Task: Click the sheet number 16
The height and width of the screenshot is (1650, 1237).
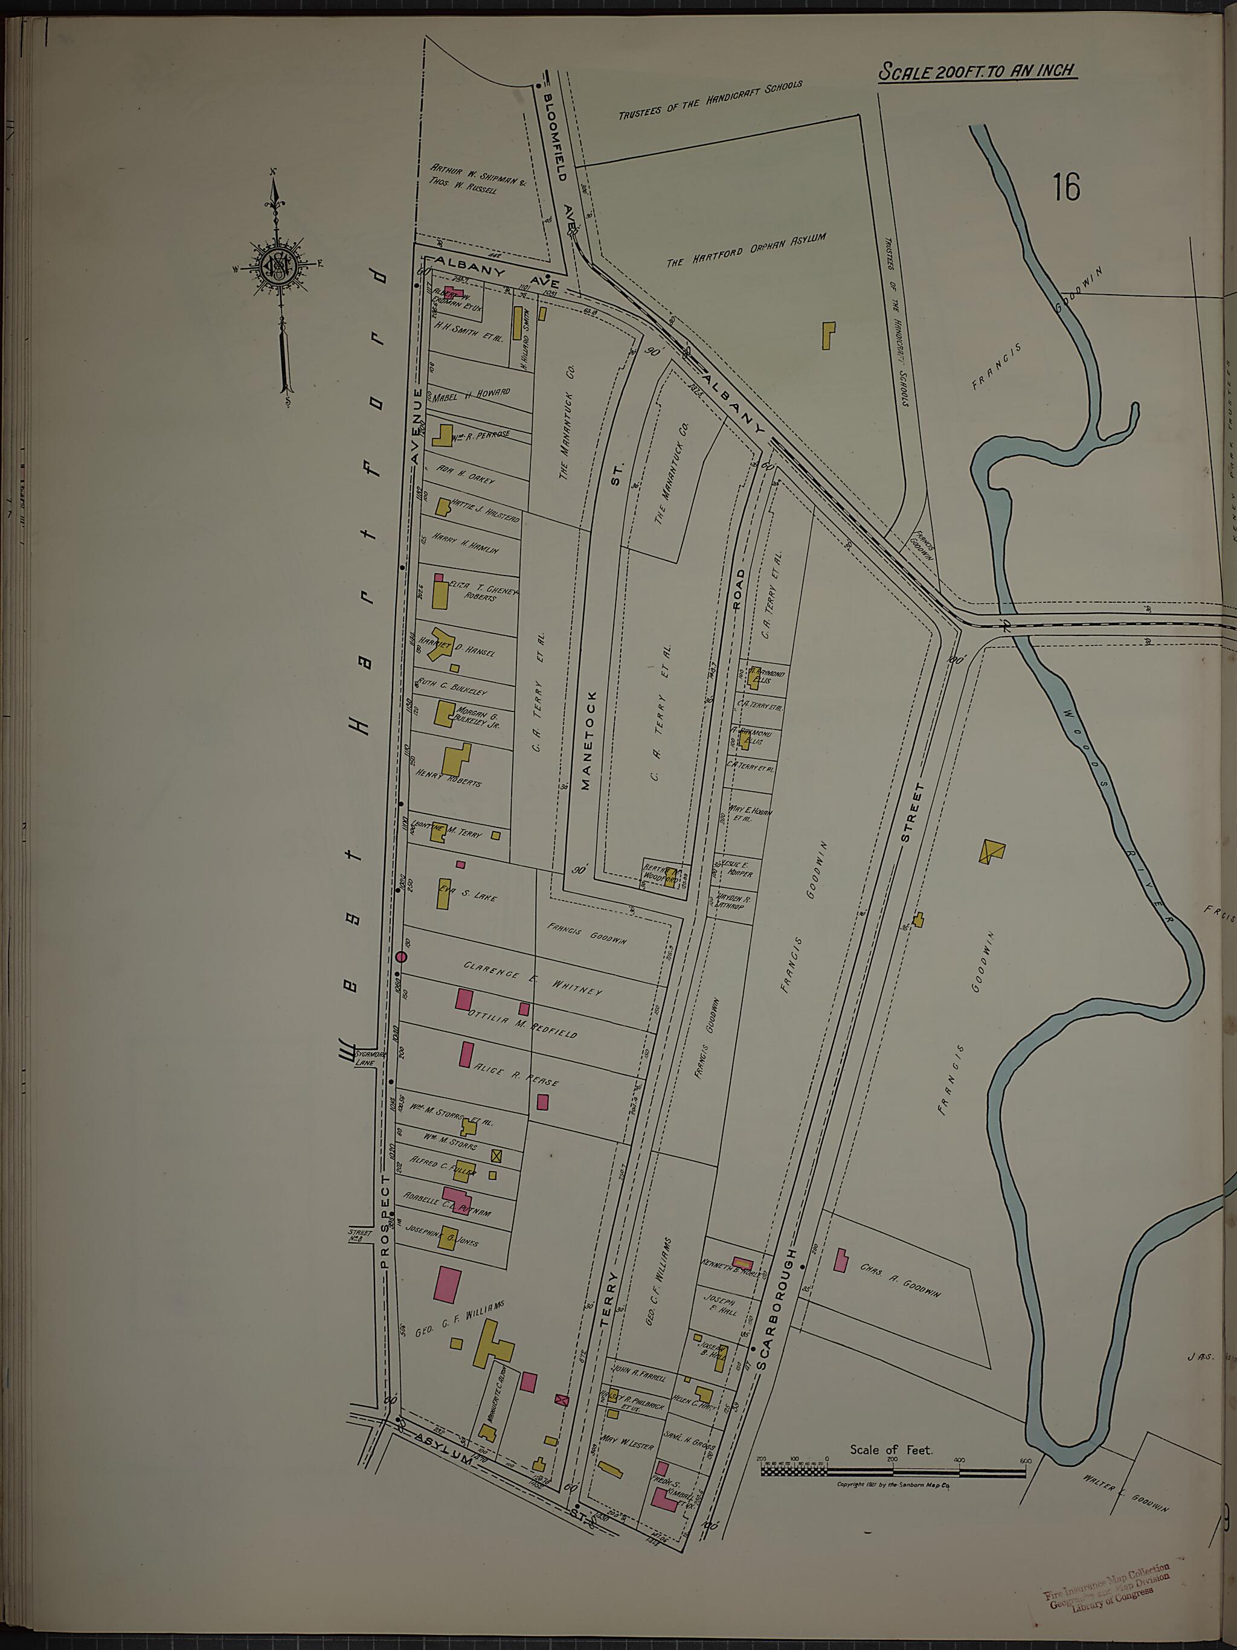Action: pos(1067,187)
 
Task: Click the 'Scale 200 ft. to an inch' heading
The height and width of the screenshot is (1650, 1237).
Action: pos(977,72)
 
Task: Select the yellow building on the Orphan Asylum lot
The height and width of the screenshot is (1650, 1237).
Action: pos(828,336)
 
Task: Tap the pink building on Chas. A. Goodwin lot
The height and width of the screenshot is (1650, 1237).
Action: pos(840,1260)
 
